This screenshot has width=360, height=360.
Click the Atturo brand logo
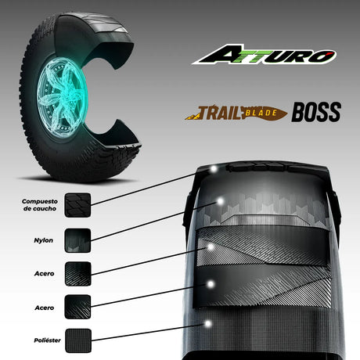click(264, 54)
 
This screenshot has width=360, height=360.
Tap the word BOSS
click(316, 112)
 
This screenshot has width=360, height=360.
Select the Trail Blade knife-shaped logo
click(236, 113)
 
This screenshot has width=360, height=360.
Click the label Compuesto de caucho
click(40, 205)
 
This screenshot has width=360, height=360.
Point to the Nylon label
click(43, 240)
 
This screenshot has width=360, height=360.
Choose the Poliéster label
click(47, 340)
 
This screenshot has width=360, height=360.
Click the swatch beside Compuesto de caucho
click(77, 205)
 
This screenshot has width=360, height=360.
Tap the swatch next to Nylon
click(77, 240)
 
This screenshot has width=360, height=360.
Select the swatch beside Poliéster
click(78, 340)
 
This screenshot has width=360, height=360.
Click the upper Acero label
click(44, 273)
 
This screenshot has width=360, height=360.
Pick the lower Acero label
click(45, 308)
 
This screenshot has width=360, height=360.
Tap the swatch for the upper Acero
click(77, 274)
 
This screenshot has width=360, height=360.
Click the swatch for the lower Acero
click(77, 307)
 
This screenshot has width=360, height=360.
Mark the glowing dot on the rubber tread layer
click(214, 169)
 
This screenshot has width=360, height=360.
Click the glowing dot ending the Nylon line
click(220, 201)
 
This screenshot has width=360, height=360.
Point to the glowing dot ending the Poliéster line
click(208, 324)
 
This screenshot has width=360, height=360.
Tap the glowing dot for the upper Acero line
click(211, 247)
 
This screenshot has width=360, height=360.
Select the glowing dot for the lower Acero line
click(211, 284)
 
